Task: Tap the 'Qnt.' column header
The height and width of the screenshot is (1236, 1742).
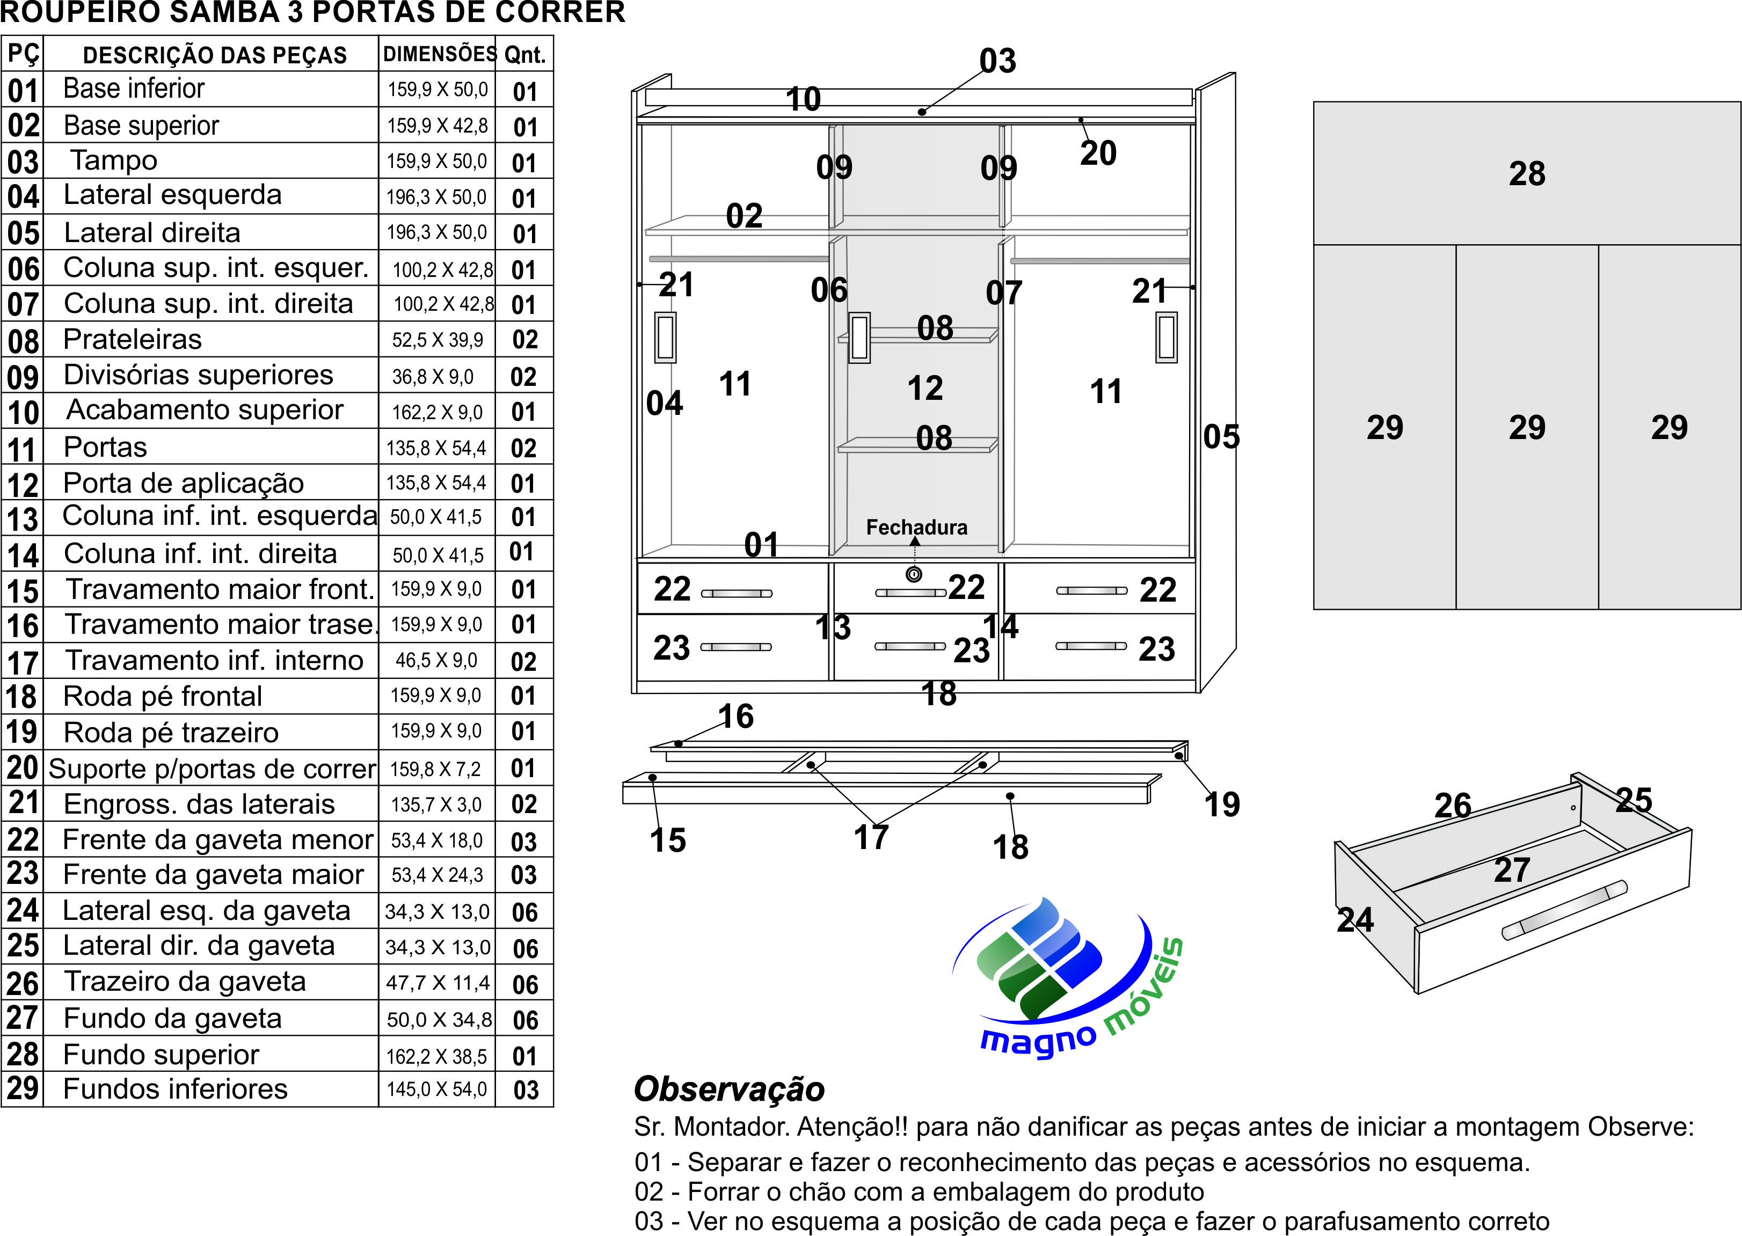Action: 524,55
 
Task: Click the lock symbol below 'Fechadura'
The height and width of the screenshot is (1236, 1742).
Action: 914,575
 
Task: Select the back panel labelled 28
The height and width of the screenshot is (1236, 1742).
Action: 1527,173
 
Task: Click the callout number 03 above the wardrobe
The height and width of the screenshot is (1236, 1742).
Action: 997,61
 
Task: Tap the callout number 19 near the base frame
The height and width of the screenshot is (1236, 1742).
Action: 1222,805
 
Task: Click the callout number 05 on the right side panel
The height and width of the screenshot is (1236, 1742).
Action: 1221,437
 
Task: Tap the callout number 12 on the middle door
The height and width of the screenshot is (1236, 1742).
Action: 925,388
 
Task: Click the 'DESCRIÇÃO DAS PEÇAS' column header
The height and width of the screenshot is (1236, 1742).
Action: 215,55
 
